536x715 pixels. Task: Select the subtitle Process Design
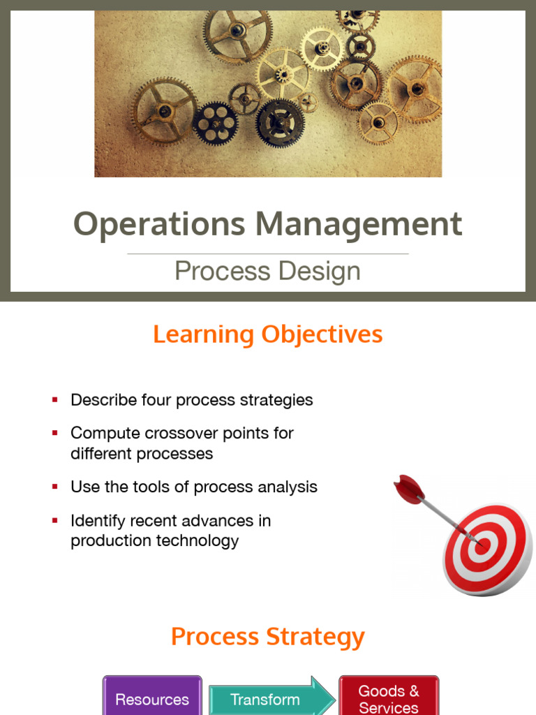point(267,271)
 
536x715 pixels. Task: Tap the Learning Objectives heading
point(267,334)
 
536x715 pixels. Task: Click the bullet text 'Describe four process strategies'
point(191,400)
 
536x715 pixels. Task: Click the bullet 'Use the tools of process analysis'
point(193,487)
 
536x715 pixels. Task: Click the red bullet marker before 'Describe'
point(54,400)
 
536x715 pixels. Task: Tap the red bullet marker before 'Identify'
point(54,520)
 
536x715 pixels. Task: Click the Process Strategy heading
point(267,637)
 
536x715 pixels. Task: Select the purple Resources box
point(152,698)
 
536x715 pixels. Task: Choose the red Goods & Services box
point(389,698)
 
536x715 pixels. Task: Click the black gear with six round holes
point(214,123)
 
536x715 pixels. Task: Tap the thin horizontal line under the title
point(267,253)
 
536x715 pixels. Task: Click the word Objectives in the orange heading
point(322,334)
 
